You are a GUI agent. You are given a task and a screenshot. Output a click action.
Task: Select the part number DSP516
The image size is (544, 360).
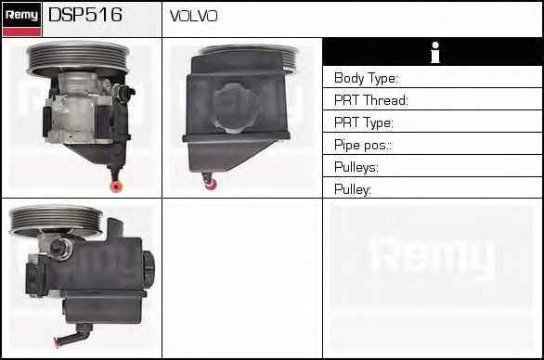pos(85,15)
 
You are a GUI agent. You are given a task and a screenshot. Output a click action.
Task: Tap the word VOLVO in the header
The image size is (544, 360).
pos(194,16)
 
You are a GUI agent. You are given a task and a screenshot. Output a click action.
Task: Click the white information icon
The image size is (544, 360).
pos(435,52)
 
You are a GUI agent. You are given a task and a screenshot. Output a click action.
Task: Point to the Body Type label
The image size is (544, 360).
pos(367,78)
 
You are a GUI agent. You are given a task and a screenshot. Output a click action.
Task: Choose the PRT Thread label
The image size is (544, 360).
pos(371,100)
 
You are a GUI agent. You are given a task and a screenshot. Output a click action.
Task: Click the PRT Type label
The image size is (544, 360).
pos(364,122)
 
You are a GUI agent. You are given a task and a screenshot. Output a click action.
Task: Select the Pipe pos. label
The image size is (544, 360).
pos(363,145)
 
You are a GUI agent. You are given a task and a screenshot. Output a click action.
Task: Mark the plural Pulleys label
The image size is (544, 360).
pos(356,167)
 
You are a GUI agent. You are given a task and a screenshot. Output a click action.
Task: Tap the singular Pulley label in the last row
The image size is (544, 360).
pos(353,189)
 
